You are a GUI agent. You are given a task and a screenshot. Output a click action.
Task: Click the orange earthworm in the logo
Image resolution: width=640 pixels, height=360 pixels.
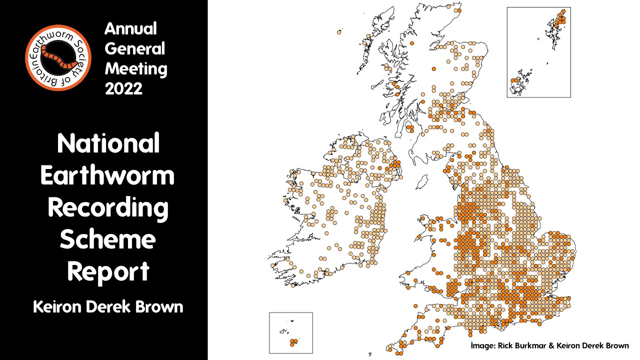coord(58,56)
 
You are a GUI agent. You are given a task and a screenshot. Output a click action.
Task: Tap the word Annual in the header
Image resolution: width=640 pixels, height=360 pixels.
coord(130,29)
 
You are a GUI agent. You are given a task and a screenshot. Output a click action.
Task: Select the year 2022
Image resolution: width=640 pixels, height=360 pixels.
coord(123,88)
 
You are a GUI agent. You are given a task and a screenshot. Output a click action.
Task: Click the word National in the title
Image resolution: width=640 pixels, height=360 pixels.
coord(108,143)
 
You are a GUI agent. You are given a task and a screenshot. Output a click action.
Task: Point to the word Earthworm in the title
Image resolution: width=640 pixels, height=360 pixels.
coord(107,176)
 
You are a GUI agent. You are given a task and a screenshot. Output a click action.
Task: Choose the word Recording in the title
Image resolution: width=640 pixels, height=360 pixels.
coord(108,208)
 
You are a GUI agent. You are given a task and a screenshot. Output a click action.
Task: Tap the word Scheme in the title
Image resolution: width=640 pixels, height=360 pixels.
coord(107,240)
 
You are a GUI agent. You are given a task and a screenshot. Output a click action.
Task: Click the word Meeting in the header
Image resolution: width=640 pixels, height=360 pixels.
coord(136,68)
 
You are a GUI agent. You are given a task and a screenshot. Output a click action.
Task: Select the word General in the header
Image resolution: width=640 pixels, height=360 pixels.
coord(134,49)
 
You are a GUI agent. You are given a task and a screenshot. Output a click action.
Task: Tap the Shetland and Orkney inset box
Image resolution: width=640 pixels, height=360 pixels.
coord(538,52)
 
